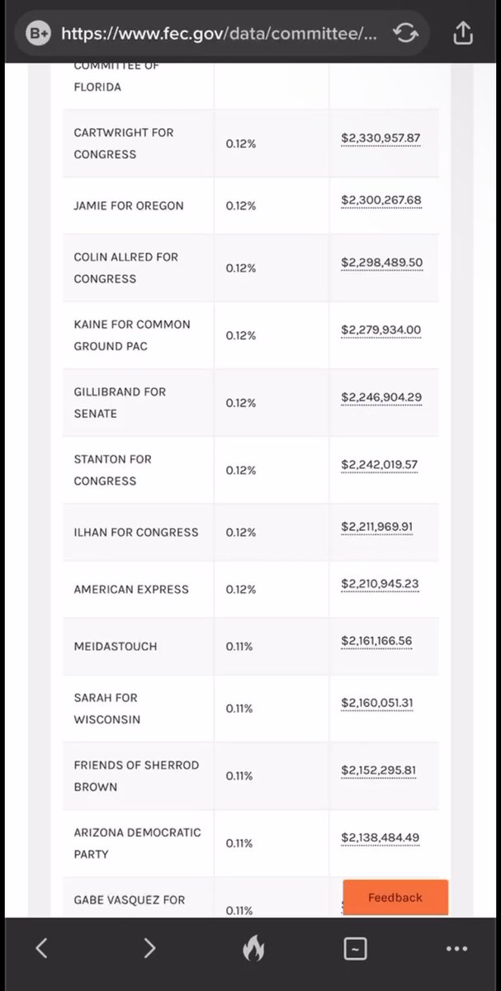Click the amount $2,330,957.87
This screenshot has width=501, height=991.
[380, 138]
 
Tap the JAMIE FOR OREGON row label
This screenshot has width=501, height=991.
[129, 206]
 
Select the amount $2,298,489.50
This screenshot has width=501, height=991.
[381, 263]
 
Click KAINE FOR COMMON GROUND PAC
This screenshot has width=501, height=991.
[132, 335]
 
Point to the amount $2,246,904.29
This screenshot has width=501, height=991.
[381, 397]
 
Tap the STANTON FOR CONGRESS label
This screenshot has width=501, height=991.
[112, 470]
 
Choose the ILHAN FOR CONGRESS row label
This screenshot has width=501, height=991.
[136, 532]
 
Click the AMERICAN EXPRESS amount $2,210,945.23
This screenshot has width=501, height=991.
[380, 584]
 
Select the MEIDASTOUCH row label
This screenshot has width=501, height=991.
[115, 647]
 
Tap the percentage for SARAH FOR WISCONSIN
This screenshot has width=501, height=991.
[239, 709]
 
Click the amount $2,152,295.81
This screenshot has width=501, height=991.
[379, 771]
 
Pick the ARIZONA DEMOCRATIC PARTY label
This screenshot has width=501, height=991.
[137, 843]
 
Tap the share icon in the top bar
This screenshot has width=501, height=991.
[462, 33]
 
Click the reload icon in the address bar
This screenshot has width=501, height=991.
[405, 33]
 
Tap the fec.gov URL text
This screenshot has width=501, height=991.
[220, 33]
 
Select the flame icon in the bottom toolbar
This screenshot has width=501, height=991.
[253, 950]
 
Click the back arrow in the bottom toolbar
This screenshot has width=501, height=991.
[41, 949]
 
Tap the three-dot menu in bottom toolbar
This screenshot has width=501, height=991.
[456, 949]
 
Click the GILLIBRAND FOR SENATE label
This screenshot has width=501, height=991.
[120, 402]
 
